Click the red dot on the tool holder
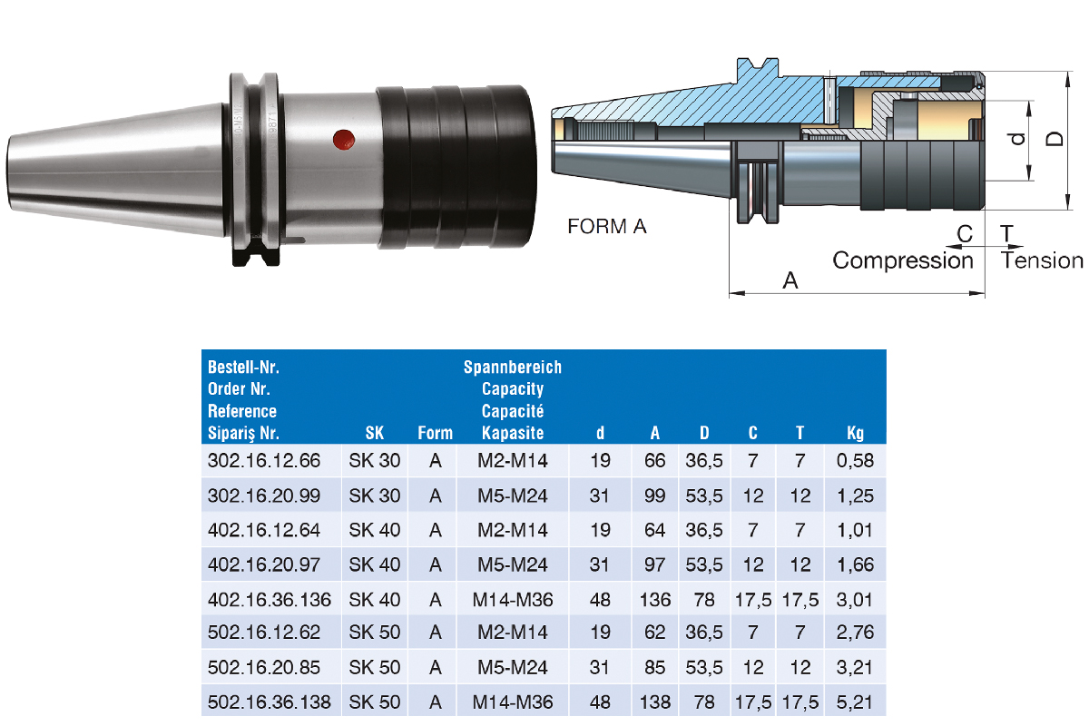tap(344, 140)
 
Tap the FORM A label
tap(607, 227)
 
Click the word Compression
tap(903, 260)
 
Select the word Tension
tap(1042, 260)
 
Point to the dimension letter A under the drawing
tap(790, 280)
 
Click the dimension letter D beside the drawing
tap(1055, 139)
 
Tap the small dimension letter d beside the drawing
tap(1017, 139)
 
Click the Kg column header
tap(855, 433)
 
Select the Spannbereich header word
tap(513, 368)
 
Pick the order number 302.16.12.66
tap(264, 460)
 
